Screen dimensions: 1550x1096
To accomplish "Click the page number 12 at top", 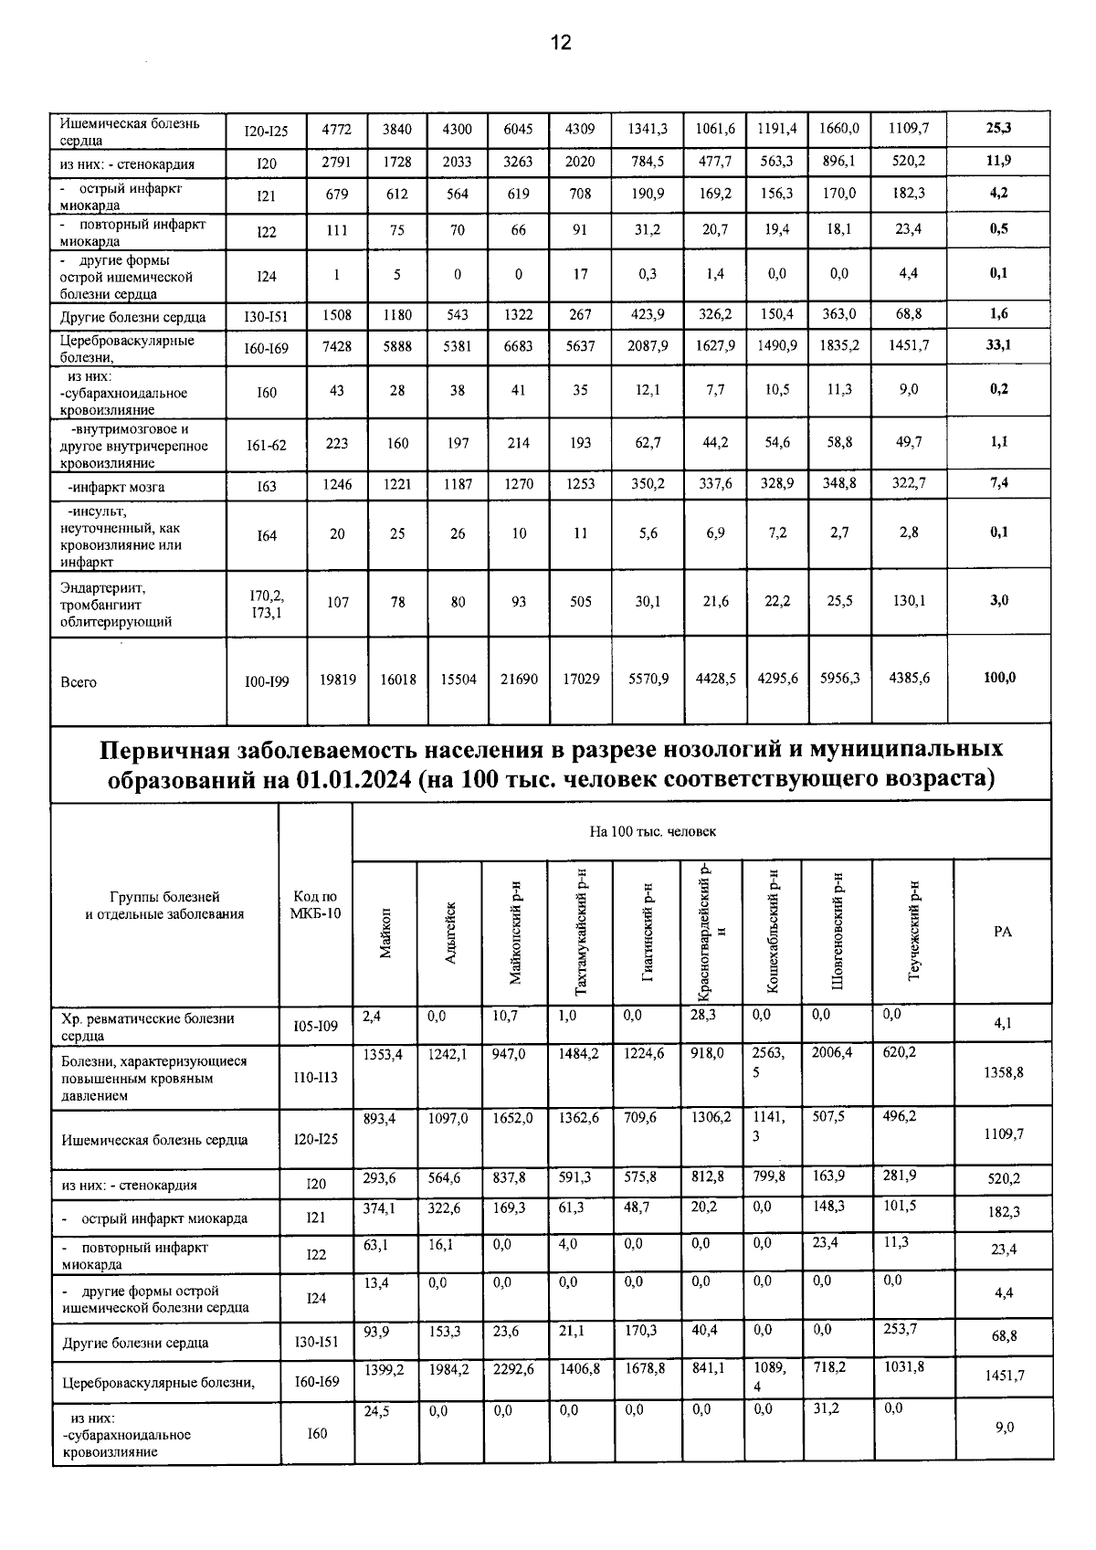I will coord(560,42).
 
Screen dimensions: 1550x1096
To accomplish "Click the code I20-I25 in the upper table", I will coord(266,132).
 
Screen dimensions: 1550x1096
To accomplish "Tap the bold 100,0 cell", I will coord(997,678).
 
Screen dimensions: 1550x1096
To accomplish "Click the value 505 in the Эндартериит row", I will coord(580,602).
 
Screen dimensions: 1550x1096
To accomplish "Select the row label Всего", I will coord(79,682).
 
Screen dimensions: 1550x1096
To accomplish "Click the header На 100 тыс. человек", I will coord(652,831).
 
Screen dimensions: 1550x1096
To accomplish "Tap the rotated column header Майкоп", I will coord(385,933).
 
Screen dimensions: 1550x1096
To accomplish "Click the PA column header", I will coord(1002,932).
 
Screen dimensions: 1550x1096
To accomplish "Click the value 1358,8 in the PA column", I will coord(1003,1072).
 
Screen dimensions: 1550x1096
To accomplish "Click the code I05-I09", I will coord(316,1027).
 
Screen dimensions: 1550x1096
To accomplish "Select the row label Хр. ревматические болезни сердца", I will coord(146,1027).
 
